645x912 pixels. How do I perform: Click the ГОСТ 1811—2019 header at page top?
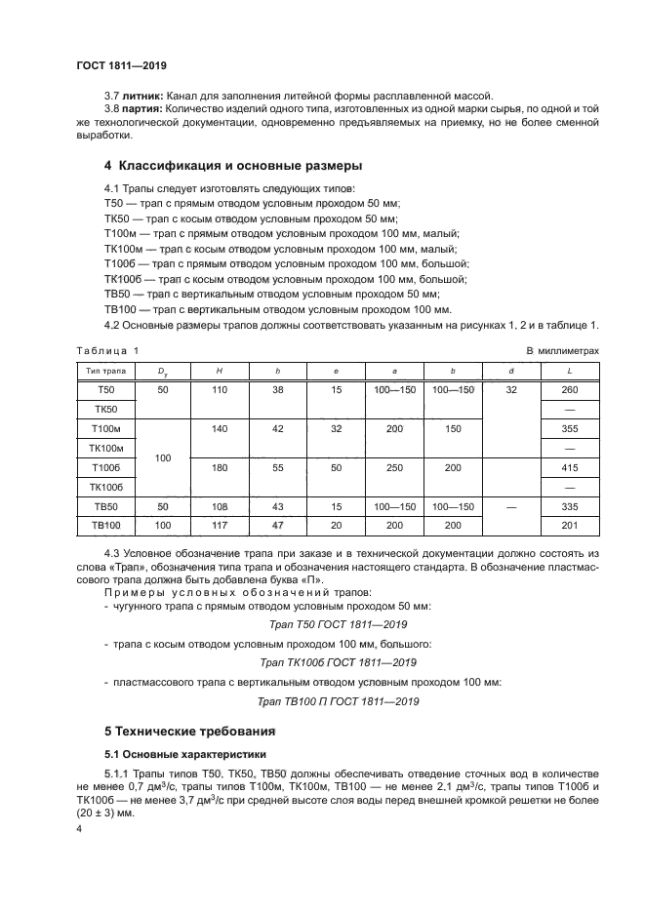(121, 64)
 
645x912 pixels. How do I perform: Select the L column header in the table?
(569, 371)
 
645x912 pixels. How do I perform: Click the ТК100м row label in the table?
(103, 448)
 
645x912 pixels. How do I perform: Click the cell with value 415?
(569, 468)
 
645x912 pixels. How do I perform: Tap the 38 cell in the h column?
(277, 389)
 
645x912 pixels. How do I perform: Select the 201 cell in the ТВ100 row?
(569, 527)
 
